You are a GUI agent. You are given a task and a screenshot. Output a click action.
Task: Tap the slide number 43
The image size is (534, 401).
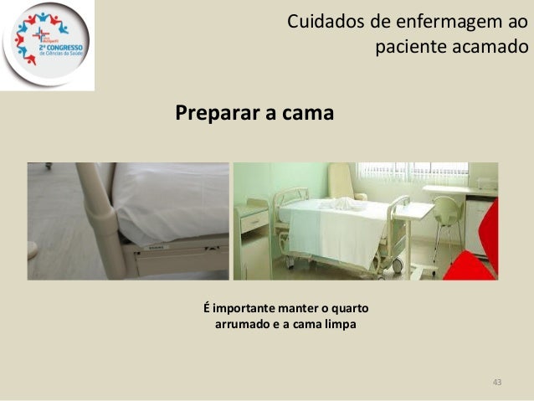[x=497, y=383]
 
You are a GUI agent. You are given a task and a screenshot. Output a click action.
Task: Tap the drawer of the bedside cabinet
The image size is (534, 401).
[x=254, y=221]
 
